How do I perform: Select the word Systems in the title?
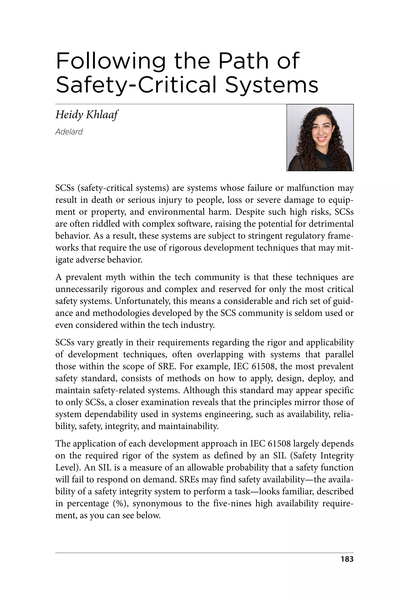272,85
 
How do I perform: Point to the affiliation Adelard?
69,132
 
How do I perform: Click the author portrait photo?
320,138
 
